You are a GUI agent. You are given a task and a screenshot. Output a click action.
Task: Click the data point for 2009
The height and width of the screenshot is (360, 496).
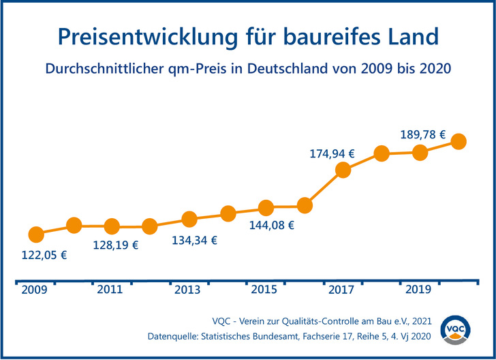pos(36,234)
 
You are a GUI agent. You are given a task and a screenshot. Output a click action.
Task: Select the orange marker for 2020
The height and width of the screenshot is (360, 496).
pos(459,141)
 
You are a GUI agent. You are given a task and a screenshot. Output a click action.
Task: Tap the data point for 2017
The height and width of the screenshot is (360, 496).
pos(343,170)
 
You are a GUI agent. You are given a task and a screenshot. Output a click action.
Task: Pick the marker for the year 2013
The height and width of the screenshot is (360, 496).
pos(189,219)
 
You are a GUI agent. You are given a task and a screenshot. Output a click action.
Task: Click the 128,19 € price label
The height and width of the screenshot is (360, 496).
pos(115,245)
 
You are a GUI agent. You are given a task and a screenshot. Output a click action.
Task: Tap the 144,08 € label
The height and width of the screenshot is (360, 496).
pos(271,225)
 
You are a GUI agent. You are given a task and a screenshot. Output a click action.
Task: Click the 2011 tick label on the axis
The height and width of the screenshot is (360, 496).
pos(110,290)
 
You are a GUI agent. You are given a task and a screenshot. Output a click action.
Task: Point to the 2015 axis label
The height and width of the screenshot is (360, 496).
pos(264,290)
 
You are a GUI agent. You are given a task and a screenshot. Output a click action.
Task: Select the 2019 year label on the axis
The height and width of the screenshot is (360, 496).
pos(418,290)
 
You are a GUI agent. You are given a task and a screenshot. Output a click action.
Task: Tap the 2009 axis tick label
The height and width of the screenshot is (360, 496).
pos(33,290)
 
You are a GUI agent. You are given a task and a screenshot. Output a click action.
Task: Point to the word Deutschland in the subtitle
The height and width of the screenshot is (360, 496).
pos(297,69)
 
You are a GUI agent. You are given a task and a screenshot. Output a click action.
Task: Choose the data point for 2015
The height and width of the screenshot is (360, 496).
pos(266,207)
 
